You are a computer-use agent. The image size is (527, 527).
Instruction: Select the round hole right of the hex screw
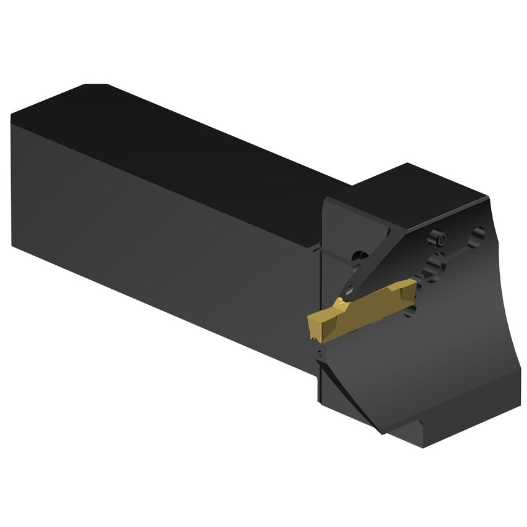point(476,236)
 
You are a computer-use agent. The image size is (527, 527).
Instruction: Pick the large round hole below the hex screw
point(434,267)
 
